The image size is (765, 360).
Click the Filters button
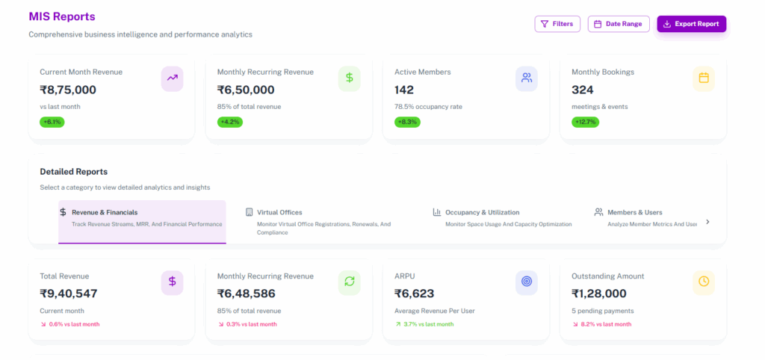click(x=557, y=24)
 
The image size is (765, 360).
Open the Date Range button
click(x=619, y=24)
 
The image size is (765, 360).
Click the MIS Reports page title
click(x=62, y=16)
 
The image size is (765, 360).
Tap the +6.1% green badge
click(x=52, y=122)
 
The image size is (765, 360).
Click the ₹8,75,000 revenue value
click(x=68, y=90)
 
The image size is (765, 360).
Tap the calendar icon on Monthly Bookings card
click(x=703, y=78)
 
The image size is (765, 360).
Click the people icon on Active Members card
click(x=526, y=78)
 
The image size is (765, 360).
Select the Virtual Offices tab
click(x=279, y=212)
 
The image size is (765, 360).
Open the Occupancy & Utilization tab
click(x=482, y=212)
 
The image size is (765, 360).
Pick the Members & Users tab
click(x=634, y=212)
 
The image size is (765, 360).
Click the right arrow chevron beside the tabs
click(x=707, y=221)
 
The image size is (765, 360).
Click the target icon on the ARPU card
click(x=526, y=282)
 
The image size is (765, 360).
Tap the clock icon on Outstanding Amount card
click(x=703, y=282)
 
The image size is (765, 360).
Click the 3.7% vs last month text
click(x=427, y=324)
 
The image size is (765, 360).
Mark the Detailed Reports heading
click(x=73, y=171)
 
